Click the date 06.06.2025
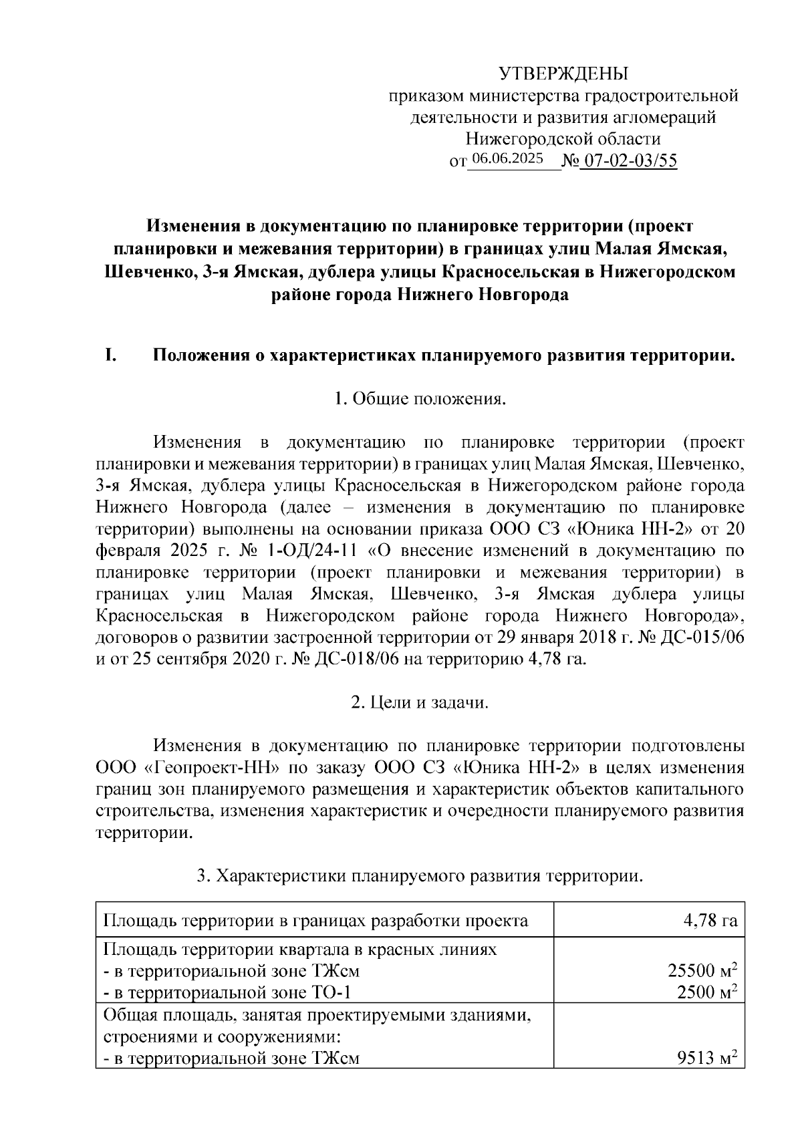pos(507,159)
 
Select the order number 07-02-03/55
pos(628,160)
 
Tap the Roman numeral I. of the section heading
pos(111,356)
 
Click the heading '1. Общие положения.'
pos(419,400)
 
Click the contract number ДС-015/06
pos(701,637)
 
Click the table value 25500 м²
pos(702,971)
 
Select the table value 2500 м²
pos(707,992)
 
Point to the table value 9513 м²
pos(707,1058)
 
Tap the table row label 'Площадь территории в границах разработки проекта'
pos(315,922)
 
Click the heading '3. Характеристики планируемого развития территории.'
pos(419,875)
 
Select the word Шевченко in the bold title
pos(148,272)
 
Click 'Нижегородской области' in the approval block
pos(563,139)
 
